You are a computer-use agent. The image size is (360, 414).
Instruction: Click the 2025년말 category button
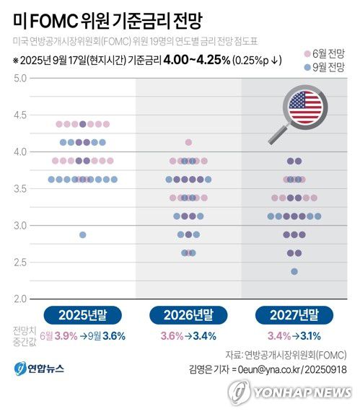pos(82,314)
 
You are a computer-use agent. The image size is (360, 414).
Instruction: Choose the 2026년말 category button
pos(188,314)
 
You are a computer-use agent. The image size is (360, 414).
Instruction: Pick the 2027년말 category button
pos(294,314)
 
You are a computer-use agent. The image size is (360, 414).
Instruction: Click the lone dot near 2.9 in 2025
pos(83,234)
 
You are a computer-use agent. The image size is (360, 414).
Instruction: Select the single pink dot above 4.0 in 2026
pos(189,142)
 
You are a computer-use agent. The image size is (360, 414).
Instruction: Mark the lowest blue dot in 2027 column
pos(294,271)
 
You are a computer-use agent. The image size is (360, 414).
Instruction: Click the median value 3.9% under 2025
pos(66,335)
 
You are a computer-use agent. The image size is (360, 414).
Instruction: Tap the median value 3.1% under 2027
pos(310,335)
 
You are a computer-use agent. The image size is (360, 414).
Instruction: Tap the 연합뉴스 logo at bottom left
pos(39,369)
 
